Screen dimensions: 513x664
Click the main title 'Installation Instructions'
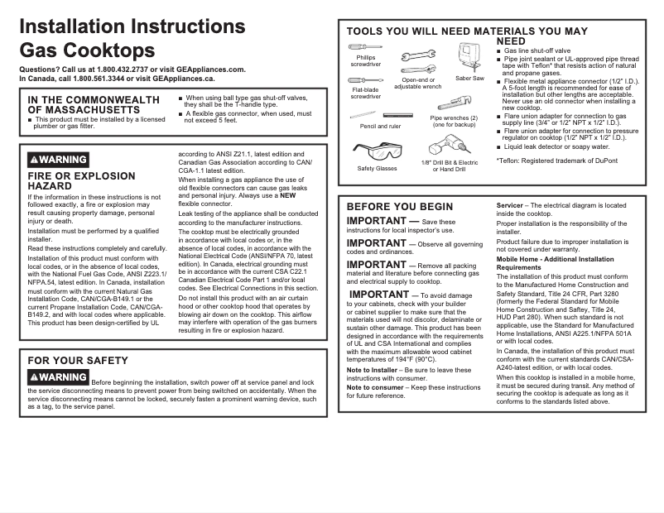click(132, 26)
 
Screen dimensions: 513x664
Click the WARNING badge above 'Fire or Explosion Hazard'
click(58, 160)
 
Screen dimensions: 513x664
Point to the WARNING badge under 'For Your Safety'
click(58, 377)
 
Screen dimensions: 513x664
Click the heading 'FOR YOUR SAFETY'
click(78, 361)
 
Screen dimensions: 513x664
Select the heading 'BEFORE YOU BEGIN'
click(400, 207)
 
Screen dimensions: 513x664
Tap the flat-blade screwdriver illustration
click(365, 81)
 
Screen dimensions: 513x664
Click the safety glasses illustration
click(377, 151)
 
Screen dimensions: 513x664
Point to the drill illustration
click(450, 149)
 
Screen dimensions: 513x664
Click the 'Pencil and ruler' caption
click(380, 127)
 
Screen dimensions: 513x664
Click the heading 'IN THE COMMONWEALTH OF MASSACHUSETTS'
click(94, 104)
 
